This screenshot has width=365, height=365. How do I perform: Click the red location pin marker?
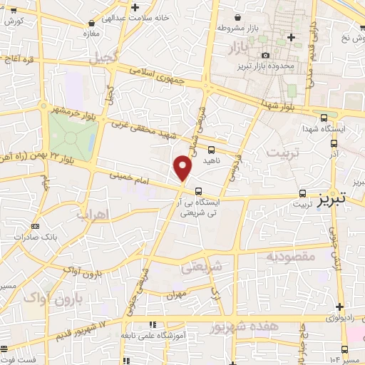click(x=183, y=169)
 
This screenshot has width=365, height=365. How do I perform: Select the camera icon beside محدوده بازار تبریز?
click(x=266, y=55)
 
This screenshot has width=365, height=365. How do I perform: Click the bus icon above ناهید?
click(x=211, y=150)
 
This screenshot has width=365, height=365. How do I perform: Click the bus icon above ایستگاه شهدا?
click(x=325, y=118)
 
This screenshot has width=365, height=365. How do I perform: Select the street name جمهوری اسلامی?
click(x=159, y=76)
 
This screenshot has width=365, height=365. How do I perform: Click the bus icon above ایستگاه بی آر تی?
click(x=198, y=191)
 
